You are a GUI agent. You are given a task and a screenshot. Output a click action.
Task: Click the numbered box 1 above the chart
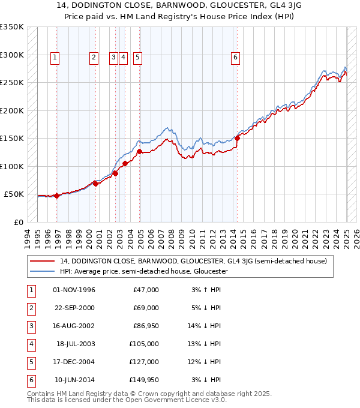click(x=55, y=58)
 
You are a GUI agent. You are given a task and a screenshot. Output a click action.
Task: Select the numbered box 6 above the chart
click(x=235, y=58)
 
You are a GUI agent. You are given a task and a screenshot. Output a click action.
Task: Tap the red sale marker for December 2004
click(x=139, y=152)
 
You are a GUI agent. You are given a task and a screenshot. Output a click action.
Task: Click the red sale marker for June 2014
click(x=237, y=138)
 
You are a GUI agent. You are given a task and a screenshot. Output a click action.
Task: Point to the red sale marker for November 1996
click(x=56, y=196)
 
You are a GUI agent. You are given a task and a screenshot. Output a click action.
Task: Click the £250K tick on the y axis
click(x=12, y=83)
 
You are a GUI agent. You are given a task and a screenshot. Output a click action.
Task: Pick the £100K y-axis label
click(x=12, y=166)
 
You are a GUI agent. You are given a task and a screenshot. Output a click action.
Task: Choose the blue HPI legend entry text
click(x=143, y=271)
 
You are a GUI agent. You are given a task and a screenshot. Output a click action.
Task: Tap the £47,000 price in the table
click(x=146, y=290)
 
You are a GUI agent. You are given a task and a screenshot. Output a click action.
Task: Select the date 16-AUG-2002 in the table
click(x=74, y=326)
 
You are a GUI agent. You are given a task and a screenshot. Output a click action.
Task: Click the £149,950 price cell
click(x=145, y=380)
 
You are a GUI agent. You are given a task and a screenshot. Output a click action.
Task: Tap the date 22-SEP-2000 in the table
click(x=74, y=308)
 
